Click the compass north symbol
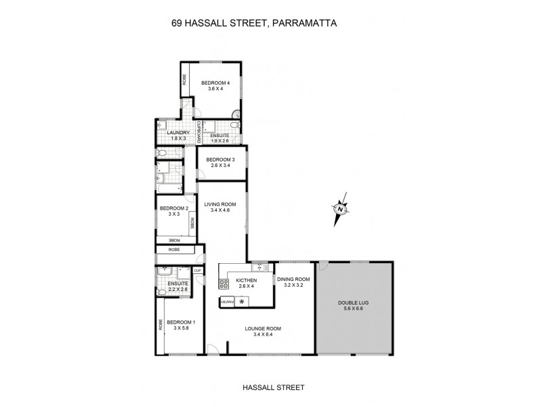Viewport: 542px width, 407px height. click(x=339, y=210)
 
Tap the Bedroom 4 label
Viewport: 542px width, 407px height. click(x=215, y=83)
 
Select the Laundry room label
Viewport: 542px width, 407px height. click(x=169, y=133)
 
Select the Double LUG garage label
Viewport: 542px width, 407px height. click(x=354, y=303)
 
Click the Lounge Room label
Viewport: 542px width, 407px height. click(x=267, y=328)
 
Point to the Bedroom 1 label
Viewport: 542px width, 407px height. click(x=181, y=322)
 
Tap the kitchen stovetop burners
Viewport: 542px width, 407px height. click(x=223, y=284)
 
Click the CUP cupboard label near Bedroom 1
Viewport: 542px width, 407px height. click(x=198, y=271)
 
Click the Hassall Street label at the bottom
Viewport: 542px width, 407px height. click(x=273, y=387)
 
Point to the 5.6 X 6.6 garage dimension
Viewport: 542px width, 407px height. click(x=354, y=309)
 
